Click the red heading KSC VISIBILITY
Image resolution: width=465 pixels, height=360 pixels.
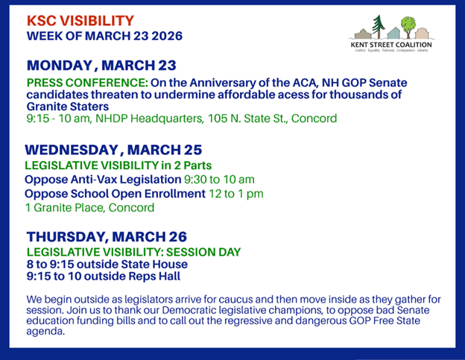tap(80, 20)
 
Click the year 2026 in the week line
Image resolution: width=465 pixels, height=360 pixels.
tap(166, 35)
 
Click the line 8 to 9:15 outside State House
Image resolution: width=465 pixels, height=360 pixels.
tap(107, 264)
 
